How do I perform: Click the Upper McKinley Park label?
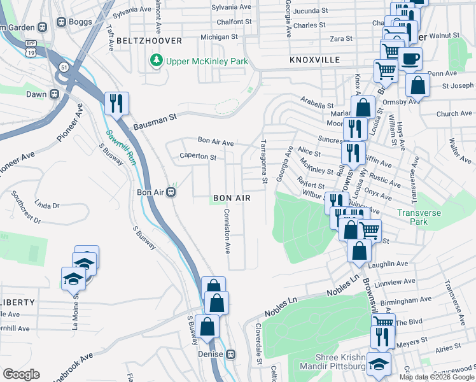pyautogui.click(x=207, y=62)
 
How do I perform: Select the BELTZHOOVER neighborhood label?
pyautogui.click(x=150, y=41)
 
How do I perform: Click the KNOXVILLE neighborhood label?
pyautogui.click(x=315, y=59)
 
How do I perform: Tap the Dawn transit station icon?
pyautogui.click(x=54, y=94)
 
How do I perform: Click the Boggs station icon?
pyautogui.click(x=62, y=22)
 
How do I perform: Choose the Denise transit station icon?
pyautogui.click(x=231, y=354)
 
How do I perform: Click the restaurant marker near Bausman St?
pyautogui.click(x=116, y=103)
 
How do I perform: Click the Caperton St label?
pyautogui.click(x=199, y=156)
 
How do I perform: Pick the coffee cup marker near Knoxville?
pyautogui.click(x=410, y=59)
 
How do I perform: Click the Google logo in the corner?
pyautogui.click(x=21, y=374)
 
